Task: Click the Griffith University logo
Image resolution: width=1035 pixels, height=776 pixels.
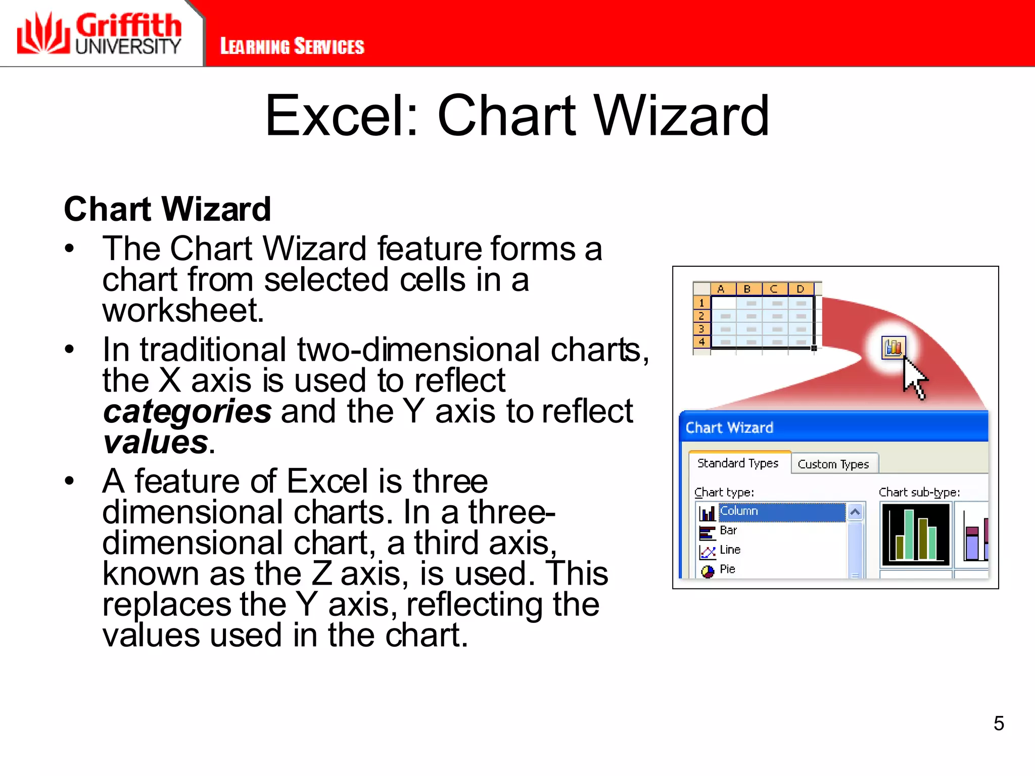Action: click(x=99, y=33)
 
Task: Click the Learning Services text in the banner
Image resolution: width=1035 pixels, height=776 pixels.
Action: click(x=292, y=46)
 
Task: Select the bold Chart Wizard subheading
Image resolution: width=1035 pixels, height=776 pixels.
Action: click(x=167, y=209)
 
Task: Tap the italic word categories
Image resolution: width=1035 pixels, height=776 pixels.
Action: click(x=187, y=411)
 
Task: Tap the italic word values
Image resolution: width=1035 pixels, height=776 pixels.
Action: click(x=156, y=443)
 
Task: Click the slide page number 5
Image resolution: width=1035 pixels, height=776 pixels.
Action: click(x=998, y=723)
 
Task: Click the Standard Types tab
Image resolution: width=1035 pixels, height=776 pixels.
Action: click(x=737, y=463)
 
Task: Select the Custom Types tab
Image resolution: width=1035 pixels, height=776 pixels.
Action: click(x=833, y=464)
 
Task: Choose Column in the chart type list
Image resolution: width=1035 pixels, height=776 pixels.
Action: click(x=738, y=511)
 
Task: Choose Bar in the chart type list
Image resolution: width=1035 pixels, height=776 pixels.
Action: click(x=728, y=530)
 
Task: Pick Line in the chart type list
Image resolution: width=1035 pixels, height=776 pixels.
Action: click(x=730, y=550)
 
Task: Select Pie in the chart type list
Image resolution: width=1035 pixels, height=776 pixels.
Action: click(x=727, y=569)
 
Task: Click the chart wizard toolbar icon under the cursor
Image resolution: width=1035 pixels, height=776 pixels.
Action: click(x=893, y=348)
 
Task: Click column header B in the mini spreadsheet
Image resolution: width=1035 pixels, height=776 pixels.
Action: click(x=747, y=289)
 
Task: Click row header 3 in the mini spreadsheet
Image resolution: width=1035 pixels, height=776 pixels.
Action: click(x=701, y=329)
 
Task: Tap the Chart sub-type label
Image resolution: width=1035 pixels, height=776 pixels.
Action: click(x=919, y=492)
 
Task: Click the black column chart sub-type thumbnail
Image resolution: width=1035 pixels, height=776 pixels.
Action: click(x=915, y=535)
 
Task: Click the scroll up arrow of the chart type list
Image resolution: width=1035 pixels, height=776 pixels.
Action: click(x=855, y=512)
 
